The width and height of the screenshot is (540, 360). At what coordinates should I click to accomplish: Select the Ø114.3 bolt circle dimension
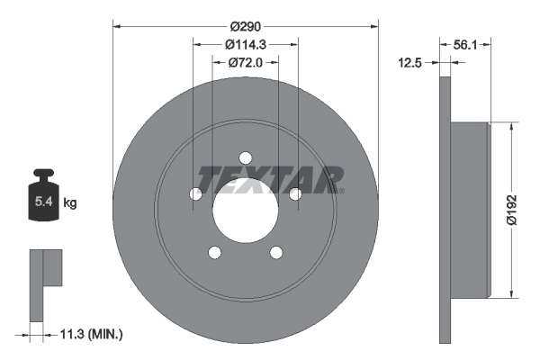pyautogui.click(x=245, y=44)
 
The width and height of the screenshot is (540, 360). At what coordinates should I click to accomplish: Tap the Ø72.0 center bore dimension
pyautogui.click(x=245, y=62)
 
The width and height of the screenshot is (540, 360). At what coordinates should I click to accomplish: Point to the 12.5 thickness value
pyautogui.click(x=412, y=62)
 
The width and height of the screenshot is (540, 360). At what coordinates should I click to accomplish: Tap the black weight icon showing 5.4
pyautogui.click(x=43, y=198)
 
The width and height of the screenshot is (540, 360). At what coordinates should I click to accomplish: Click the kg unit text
pyautogui.click(x=70, y=203)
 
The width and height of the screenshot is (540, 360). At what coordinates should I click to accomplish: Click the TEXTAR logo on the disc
pyautogui.click(x=270, y=179)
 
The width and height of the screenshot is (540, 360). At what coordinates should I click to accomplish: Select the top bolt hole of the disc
pyautogui.click(x=245, y=158)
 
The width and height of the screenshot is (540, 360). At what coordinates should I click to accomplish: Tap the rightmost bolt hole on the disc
pyautogui.click(x=294, y=193)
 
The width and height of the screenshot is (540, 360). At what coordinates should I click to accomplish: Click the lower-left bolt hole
pyautogui.click(x=214, y=252)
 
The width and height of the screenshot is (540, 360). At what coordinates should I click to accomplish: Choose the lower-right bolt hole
pyautogui.click(x=275, y=252)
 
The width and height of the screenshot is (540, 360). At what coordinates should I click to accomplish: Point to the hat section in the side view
pyautogui.click(x=471, y=209)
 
